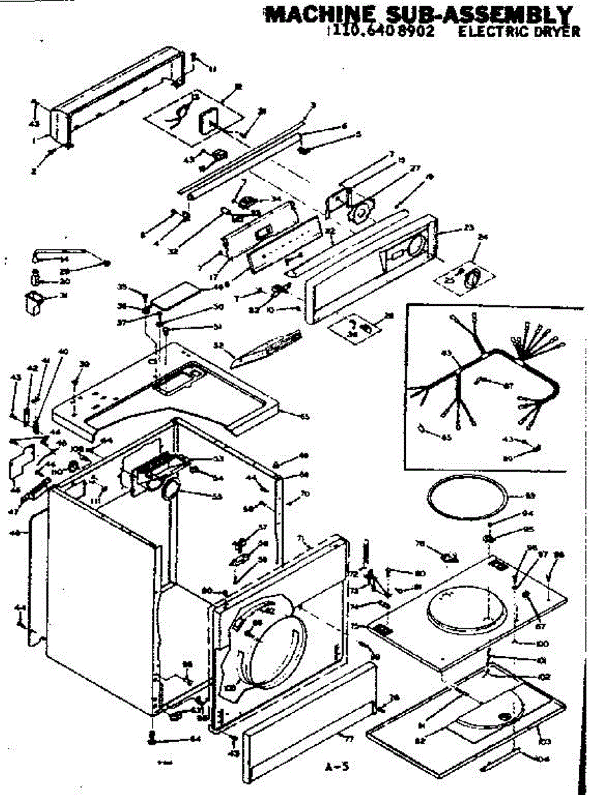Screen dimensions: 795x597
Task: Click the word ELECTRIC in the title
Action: [x=488, y=30]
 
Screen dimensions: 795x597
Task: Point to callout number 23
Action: [x=470, y=229]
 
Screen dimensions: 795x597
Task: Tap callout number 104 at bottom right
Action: [x=544, y=761]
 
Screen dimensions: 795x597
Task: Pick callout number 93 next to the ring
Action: [x=530, y=496]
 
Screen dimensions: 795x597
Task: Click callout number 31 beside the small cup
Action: [x=64, y=295]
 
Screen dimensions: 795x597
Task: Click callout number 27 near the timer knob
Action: [x=416, y=168]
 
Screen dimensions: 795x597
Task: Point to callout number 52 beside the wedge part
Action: [x=218, y=344]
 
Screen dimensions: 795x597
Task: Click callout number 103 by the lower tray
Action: [x=546, y=740]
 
